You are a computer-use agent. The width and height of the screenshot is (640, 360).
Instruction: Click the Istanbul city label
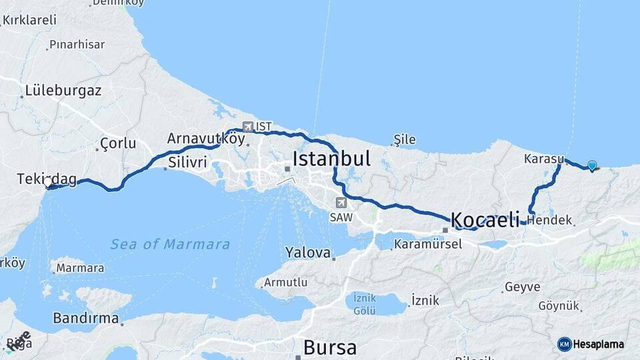click(x=331, y=159)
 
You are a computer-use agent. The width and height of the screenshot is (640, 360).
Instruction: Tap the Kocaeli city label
click(x=485, y=219)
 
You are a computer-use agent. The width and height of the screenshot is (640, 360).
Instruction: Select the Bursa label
click(x=329, y=347)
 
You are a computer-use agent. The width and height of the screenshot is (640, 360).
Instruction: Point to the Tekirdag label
click(x=47, y=179)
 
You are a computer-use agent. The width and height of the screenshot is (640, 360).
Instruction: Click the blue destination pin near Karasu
click(x=591, y=165)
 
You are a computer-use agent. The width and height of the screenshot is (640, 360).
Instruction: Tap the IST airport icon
click(x=248, y=126)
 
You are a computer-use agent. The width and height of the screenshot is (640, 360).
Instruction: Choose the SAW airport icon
click(x=341, y=203)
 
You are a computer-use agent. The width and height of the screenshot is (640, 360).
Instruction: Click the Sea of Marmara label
click(x=170, y=244)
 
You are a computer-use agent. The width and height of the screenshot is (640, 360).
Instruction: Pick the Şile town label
click(x=405, y=139)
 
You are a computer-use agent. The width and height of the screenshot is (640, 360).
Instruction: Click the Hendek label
click(x=549, y=219)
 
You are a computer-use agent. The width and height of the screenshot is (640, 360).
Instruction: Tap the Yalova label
click(x=308, y=253)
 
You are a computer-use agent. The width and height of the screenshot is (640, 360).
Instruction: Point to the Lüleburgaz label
click(x=63, y=91)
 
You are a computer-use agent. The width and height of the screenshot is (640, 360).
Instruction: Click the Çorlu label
click(x=117, y=143)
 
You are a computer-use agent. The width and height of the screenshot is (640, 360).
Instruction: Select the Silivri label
click(x=187, y=163)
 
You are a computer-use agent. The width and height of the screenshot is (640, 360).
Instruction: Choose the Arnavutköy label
click(x=206, y=139)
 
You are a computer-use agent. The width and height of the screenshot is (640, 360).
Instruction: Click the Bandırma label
click(x=86, y=318)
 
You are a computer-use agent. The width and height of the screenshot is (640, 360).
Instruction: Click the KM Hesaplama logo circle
click(x=565, y=344)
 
